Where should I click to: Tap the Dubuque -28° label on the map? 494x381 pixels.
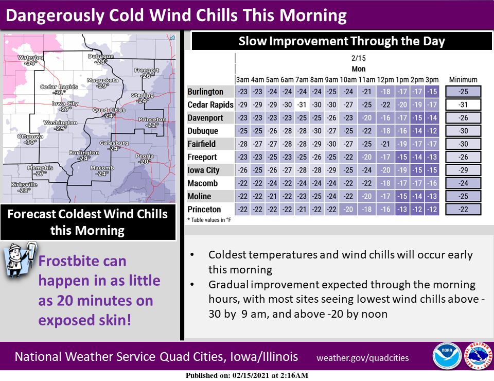(x=101, y=59)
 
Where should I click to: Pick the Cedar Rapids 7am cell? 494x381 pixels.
(x=302, y=105)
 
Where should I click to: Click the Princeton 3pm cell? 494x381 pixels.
(x=432, y=209)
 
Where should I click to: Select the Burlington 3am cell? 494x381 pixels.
(x=242, y=92)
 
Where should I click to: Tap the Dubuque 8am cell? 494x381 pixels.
(x=316, y=131)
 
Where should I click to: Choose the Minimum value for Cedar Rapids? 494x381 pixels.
(x=463, y=105)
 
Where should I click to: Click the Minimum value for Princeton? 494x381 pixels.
(x=463, y=209)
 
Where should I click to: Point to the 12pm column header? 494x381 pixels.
(x=385, y=80)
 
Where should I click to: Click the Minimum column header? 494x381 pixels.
(x=463, y=80)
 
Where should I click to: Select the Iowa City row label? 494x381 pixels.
(x=204, y=170)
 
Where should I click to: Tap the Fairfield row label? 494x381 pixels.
(x=202, y=144)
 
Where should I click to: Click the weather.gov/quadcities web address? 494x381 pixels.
(x=363, y=358)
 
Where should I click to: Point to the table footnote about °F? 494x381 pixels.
(x=209, y=220)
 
